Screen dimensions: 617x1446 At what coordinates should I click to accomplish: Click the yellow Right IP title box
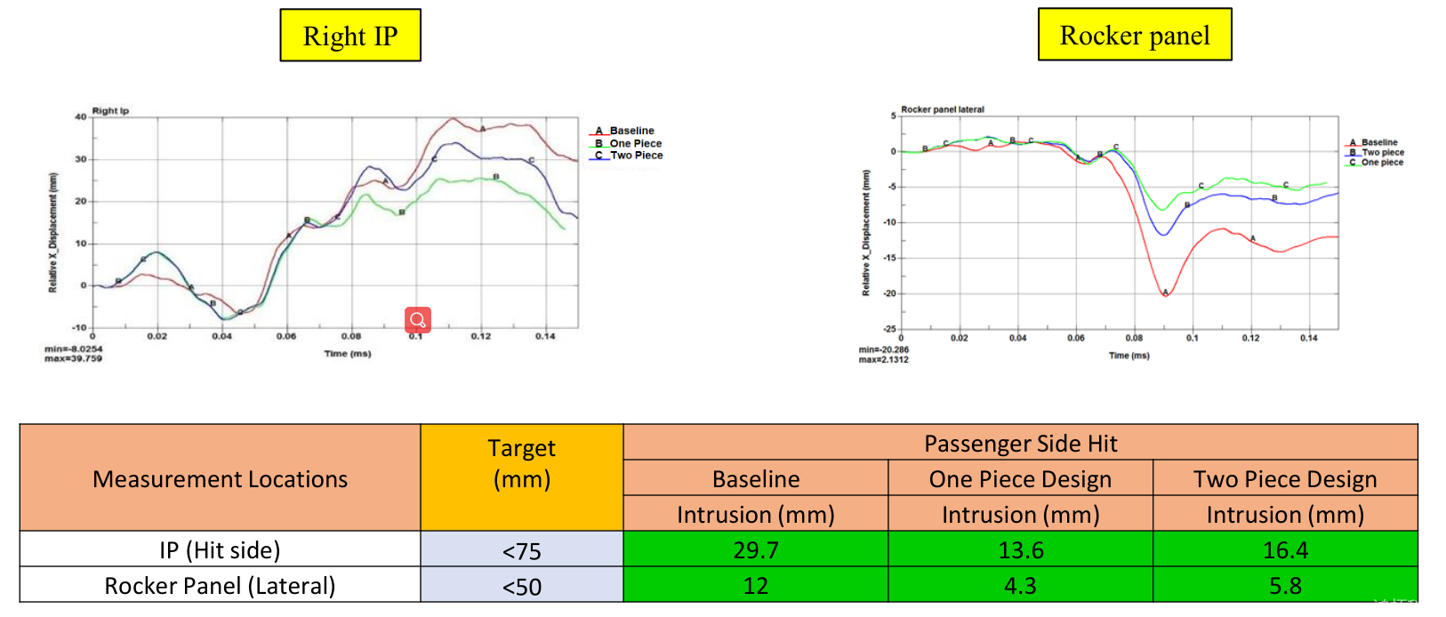point(350,36)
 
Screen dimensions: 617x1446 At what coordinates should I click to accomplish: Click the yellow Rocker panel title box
point(1135,35)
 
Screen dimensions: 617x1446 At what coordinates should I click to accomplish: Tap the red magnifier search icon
point(418,320)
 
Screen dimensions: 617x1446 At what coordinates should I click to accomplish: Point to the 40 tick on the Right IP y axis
point(81,116)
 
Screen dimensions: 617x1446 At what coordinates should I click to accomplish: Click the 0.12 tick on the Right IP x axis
point(480,336)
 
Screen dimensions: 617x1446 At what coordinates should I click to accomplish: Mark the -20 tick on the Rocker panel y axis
point(888,293)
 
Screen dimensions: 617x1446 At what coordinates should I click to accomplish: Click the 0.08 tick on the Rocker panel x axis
point(1134,338)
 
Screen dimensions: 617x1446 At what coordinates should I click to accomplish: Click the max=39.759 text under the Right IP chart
point(73,358)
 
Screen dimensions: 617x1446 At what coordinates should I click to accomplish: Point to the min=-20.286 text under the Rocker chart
point(883,349)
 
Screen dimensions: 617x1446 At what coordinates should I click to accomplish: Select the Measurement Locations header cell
point(220,479)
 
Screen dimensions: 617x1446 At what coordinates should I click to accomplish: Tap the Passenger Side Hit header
point(1020,444)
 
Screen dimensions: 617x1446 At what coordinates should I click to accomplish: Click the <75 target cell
point(521,551)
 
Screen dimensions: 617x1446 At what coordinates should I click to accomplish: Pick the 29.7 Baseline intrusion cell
point(755,550)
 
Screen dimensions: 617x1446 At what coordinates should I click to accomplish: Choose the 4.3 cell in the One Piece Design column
point(1020,586)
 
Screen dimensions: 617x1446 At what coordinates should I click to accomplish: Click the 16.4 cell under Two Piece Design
point(1285,550)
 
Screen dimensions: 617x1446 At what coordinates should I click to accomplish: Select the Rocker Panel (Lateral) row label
point(220,586)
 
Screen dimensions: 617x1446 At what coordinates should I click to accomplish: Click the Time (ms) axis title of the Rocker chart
point(1129,356)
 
